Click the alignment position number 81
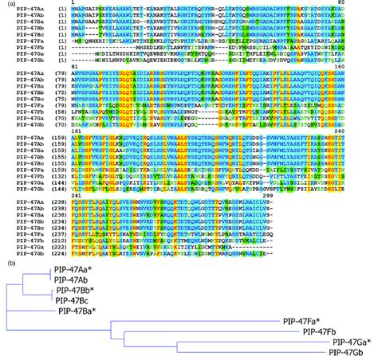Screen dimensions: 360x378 [77, 68]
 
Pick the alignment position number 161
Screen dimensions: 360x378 [79, 130]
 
